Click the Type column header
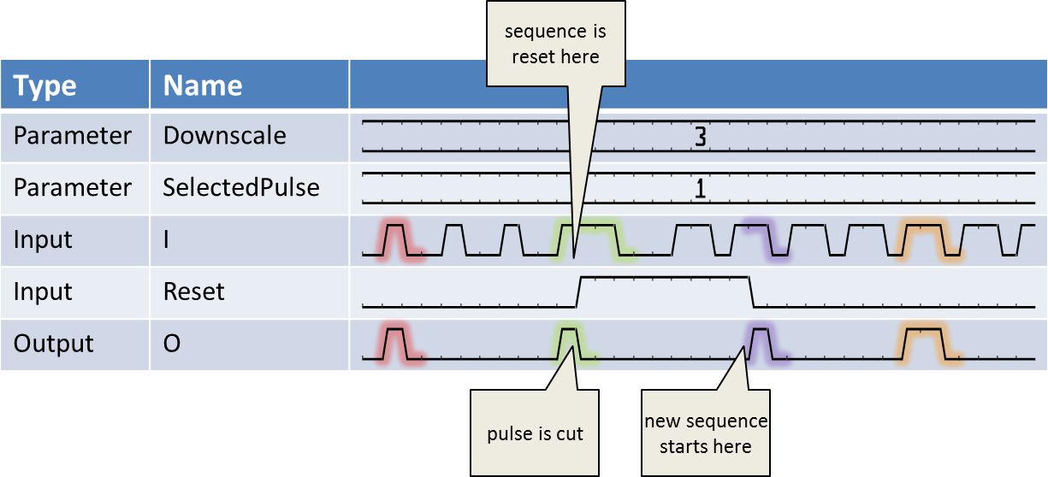pyautogui.click(x=44, y=85)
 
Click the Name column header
pyautogui.click(x=203, y=85)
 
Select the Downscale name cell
pyautogui.click(x=224, y=136)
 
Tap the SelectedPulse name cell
pyautogui.click(x=241, y=187)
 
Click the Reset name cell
pyautogui.click(x=194, y=291)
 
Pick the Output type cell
pyautogui.click(x=53, y=344)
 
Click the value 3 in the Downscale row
pyautogui.click(x=700, y=138)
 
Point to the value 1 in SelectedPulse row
pyautogui.click(x=700, y=189)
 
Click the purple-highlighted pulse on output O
pyautogui.click(x=762, y=343)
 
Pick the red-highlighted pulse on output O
pyautogui.click(x=394, y=343)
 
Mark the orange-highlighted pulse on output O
pyautogui.click(x=924, y=343)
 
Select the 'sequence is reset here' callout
pyautogui.click(x=555, y=44)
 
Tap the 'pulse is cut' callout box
pyautogui.click(x=535, y=433)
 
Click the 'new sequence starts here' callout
pyautogui.click(x=706, y=433)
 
